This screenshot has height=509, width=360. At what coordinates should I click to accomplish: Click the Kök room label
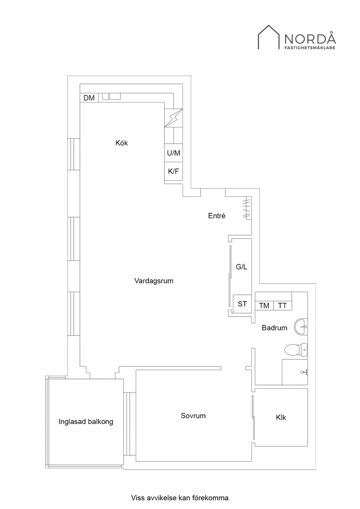pyautogui.click(x=122, y=143)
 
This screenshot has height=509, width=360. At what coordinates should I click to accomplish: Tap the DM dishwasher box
pyautogui.click(x=89, y=98)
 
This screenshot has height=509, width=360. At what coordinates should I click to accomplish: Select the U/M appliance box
pyautogui.click(x=173, y=153)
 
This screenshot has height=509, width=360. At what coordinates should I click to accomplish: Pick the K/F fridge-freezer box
pyautogui.click(x=173, y=171)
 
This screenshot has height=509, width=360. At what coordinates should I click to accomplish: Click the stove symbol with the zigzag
pyautogui.click(x=173, y=118)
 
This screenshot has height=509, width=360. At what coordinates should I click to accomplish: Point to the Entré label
pyautogui.click(x=216, y=215)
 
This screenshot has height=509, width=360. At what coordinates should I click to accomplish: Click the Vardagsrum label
pyautogui.click(x=154, y=281)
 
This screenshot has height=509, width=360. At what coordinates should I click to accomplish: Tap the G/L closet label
pyautogui.click(x=241, y=267)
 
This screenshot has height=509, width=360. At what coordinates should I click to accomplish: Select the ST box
pyautogui.click(x=242, y=304)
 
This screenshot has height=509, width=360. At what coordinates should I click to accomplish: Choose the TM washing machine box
pyautogui.click(x=264, y=306)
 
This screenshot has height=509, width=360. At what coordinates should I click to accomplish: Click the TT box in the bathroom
pyautogui.click(x=282, y=306)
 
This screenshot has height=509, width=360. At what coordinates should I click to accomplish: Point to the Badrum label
pyautogui.click(x=274, y=328)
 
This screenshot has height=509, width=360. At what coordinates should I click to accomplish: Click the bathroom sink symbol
pyautogui.click(x=301, y=327)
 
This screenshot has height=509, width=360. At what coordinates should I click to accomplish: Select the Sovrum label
pyautogui.click(x=193, y=416)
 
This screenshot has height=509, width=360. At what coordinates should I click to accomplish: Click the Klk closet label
pyautogui.click(x=281, y=417)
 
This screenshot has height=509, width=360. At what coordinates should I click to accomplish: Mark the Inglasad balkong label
pyautogui.click(x=86, y=421)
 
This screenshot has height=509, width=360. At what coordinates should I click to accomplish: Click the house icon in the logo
pyautogui.click(x=268, y=37)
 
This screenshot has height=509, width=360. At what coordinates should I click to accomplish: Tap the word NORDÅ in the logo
pyautogui.click(x=310, y=38)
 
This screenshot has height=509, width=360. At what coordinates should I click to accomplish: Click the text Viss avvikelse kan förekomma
pyautogui.click(x=180, y=497)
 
